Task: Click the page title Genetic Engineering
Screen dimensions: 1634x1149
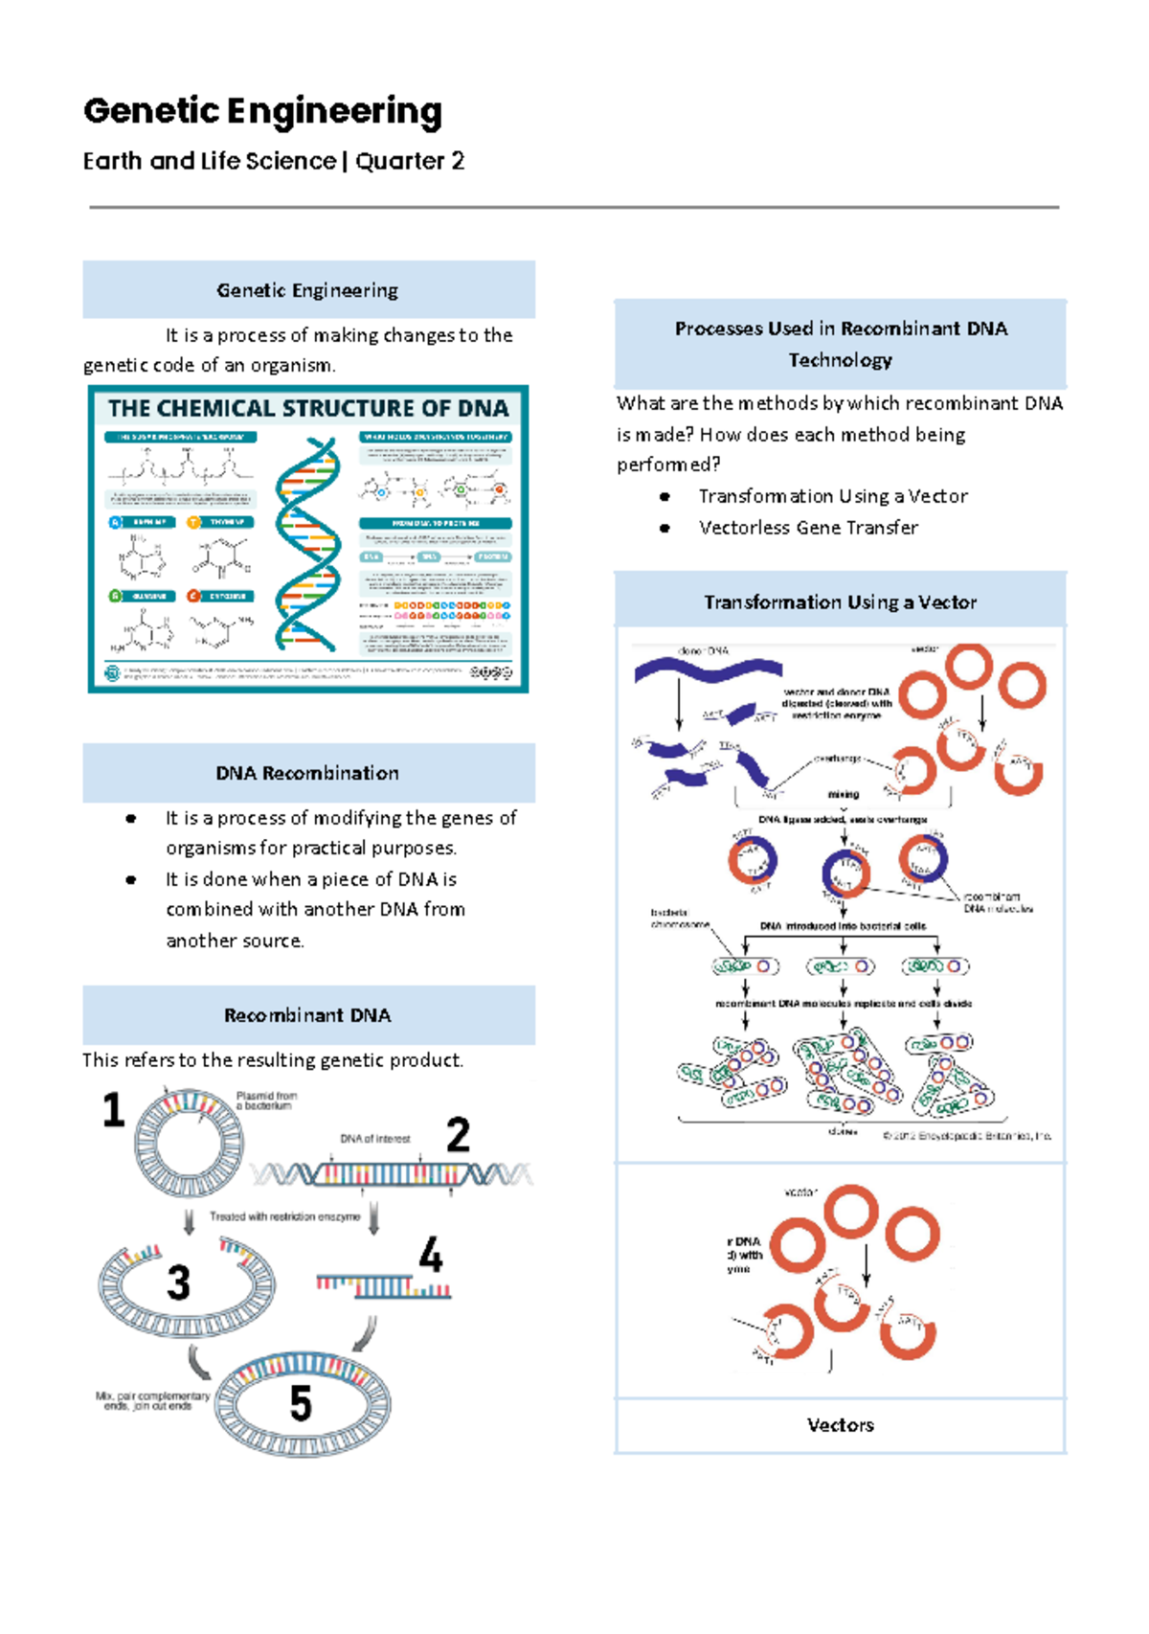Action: pos(262,111)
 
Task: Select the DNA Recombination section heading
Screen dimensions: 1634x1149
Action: pos(307,773)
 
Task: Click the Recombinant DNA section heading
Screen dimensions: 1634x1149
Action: pos(307,1015)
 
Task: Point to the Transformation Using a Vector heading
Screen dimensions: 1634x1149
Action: pos(840,602)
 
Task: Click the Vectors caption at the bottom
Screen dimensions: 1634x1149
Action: pos(840,1425)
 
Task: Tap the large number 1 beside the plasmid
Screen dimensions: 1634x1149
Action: pos(114,1110)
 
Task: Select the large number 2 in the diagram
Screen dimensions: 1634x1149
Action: pos(458,1135)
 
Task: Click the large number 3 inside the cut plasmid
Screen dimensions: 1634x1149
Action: pos(178,1283)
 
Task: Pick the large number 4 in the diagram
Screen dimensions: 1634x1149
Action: pos(431,1255)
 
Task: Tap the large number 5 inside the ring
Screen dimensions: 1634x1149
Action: pos(301,1403)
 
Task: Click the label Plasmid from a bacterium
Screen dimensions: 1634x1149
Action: pos(266,1101)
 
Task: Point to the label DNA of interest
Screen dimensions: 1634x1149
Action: pos(374,1139)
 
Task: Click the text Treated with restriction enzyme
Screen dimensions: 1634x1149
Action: pos(284,1216)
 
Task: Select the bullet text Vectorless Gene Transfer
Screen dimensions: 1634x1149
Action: pos(808,528)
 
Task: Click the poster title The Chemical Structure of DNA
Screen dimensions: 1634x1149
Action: pos(307,409)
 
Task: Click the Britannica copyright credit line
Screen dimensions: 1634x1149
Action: pos(966,1136)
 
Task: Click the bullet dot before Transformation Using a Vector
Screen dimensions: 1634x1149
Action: pos(665,497)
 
